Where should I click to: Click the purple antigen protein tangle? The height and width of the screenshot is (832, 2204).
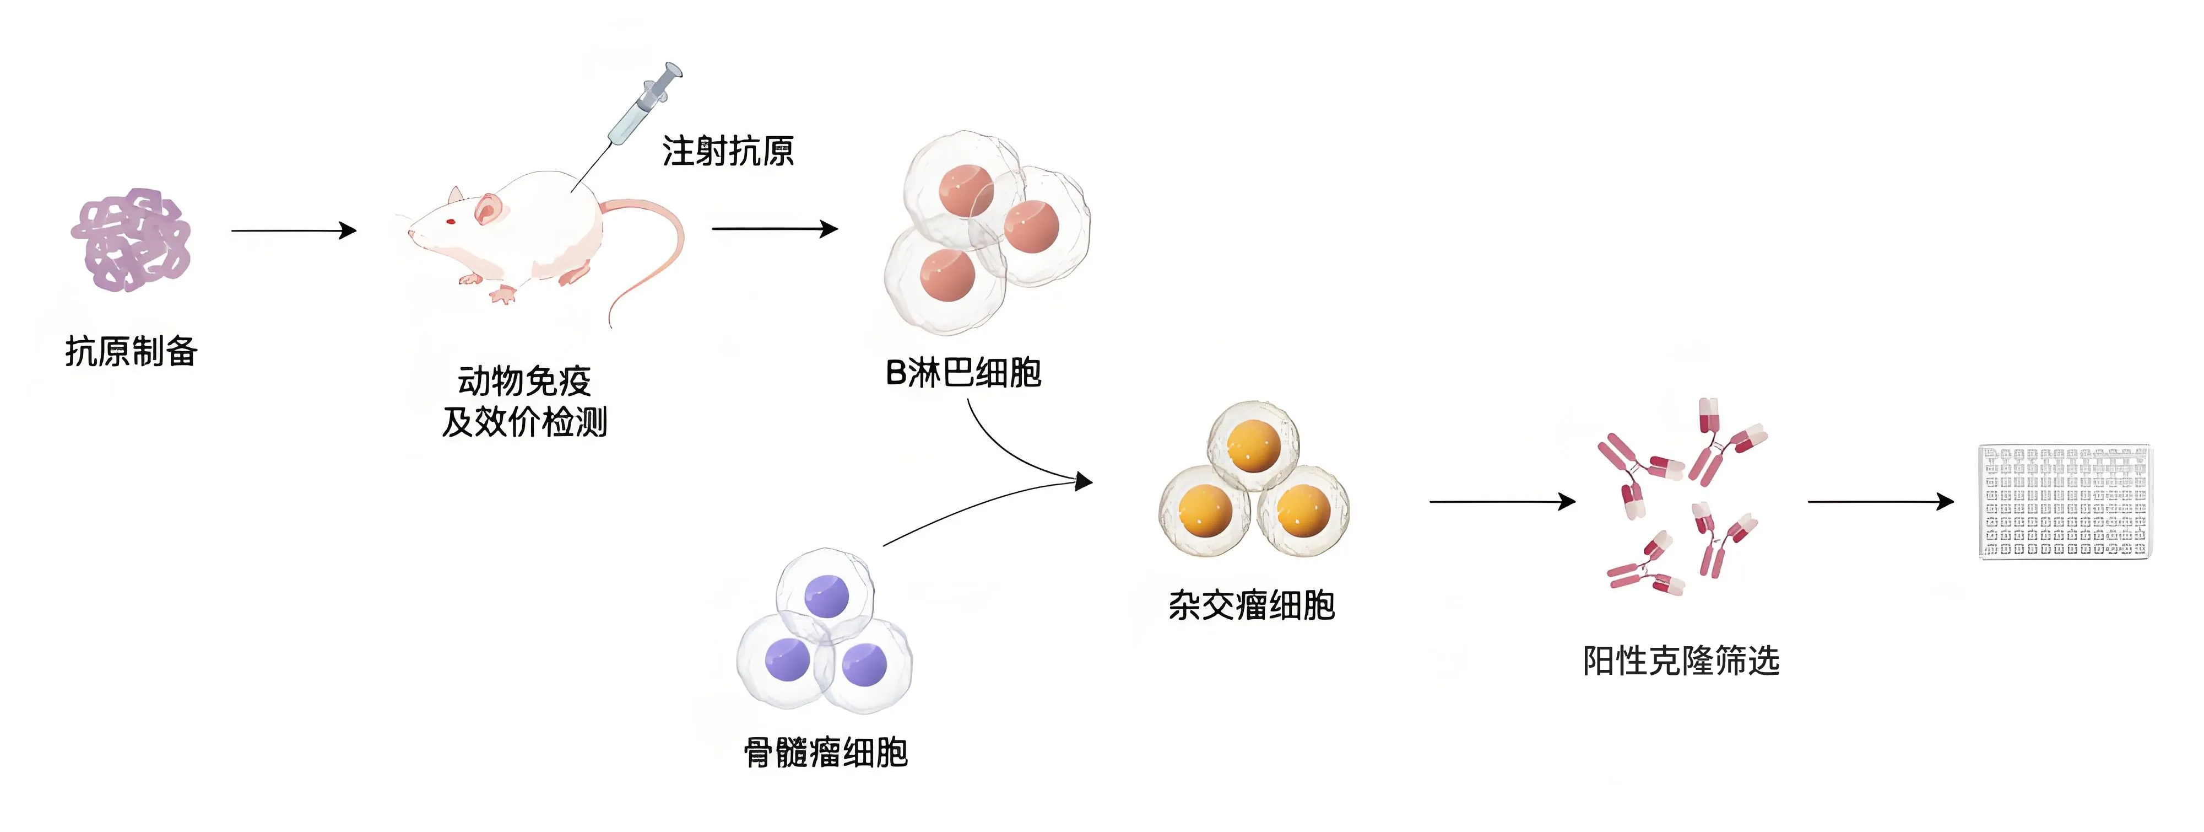(x=130, y=240)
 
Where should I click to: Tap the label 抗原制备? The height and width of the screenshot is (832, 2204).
(x=132, y=351)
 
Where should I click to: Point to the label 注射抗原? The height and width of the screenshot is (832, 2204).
(x=727, y=152)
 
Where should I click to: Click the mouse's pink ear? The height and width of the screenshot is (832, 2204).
(x=488, y=208)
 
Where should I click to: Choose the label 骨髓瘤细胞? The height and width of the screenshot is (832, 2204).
(x=826, y=753)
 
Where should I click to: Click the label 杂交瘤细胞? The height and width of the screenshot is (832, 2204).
(x=1252, y=605)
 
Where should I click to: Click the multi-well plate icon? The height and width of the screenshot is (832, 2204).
(x=2065, y=502)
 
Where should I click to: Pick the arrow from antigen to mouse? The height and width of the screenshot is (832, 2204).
(x=294, y=230)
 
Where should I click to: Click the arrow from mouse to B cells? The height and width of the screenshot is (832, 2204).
(x=775, y=229)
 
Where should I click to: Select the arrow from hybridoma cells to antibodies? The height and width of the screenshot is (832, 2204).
(x=1502, y=502)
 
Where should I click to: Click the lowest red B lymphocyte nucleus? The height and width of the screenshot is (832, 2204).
(x=947, y=276)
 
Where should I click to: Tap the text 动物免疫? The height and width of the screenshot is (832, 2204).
(x=524, y=381)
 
